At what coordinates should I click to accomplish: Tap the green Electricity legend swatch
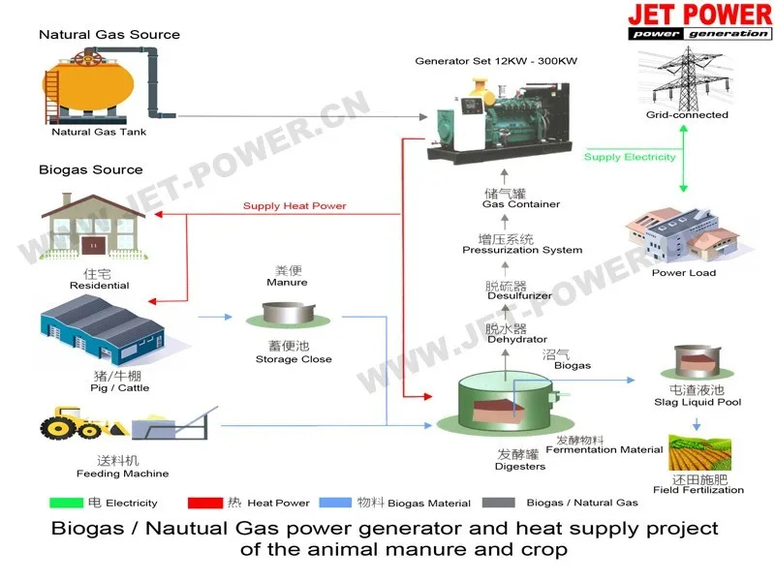66,503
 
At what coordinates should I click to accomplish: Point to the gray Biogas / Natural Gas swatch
497,503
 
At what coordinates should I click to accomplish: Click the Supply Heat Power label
294,205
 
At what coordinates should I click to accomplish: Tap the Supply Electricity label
630,157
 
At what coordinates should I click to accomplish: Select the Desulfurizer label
519,296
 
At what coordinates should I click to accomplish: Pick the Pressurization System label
522,250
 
